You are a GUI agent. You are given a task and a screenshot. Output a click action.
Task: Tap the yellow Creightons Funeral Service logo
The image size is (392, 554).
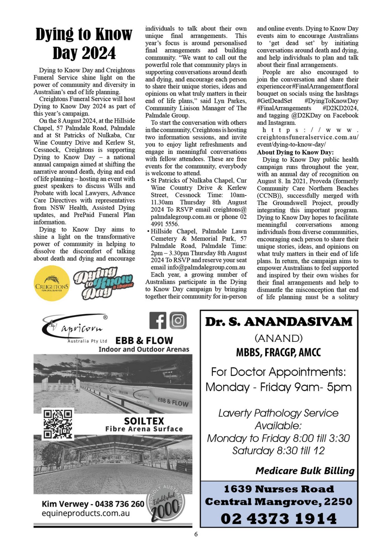tap(52, 283)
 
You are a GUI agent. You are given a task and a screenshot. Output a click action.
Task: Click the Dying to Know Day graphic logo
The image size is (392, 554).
tap(103, 283)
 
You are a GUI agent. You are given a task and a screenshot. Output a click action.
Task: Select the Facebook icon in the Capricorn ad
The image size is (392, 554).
tap(158, 320)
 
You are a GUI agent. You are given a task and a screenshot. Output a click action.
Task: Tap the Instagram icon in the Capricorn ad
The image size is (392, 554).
tap(178, 320)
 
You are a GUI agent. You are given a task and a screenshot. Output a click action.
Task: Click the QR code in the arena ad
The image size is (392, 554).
tap(58, 424)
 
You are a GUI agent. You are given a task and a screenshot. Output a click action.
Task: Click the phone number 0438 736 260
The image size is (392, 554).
tap(120, 504)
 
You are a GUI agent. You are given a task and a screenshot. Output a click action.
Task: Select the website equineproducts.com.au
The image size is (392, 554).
tap(85, 513)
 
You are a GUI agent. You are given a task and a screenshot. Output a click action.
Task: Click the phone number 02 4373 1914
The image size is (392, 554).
tap(279, 519)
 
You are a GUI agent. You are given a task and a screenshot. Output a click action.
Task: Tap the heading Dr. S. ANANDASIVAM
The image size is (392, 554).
tap(279, 322)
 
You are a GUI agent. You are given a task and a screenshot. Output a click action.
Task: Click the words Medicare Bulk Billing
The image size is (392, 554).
tap(305, 471)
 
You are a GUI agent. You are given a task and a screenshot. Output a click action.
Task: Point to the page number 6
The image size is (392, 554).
tap(196, 534)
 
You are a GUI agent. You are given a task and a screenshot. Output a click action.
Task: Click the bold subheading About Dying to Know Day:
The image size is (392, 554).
tap(295, 152)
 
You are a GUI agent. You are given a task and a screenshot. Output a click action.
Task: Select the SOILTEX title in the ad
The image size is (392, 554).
tap(144, 421)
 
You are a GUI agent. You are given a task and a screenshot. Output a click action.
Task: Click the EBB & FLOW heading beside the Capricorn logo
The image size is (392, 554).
tap(144, 340)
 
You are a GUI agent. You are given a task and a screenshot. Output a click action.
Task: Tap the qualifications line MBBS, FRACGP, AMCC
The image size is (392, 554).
tap(278, 352)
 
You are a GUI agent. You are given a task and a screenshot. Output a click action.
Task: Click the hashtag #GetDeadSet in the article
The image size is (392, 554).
tap(274, 101)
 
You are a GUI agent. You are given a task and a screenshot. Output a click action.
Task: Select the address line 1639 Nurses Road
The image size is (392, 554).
tap(279, 489)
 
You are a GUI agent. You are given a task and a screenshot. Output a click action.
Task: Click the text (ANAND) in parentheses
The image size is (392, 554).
tap(279, 338)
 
